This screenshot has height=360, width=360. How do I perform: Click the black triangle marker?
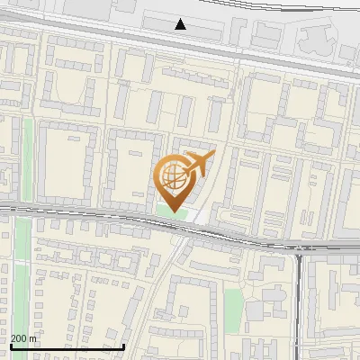[x=181, y=24]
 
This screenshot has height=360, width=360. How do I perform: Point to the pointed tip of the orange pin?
[x=174, y=211]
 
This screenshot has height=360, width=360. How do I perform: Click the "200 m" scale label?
[x=23, y=338]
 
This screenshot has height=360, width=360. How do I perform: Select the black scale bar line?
[x=67, y=346]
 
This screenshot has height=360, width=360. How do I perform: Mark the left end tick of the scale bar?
[x=11, y=345]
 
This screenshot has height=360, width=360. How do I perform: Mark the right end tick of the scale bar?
[x=123, y=345]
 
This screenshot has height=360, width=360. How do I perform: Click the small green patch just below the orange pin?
[x=165, y=209]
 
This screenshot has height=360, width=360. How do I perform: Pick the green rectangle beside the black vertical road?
[x=234, y=301]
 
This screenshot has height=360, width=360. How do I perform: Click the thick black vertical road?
[x=298, y=306]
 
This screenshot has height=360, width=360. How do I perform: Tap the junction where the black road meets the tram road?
[x=298, y=252]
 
